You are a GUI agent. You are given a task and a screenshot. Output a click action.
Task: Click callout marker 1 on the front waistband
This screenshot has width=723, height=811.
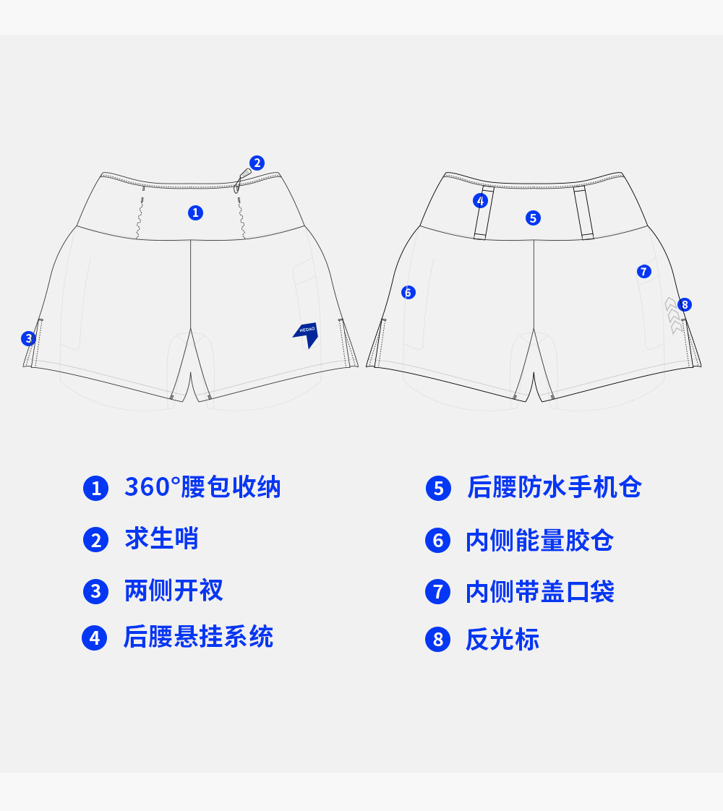click(195, 213)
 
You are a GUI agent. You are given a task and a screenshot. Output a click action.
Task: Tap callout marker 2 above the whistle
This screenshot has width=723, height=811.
click(257, 163)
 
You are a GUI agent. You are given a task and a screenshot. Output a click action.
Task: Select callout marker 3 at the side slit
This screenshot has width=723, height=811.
click(28, 338)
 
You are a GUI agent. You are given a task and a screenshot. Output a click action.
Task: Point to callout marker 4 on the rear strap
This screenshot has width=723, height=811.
click(480, 201)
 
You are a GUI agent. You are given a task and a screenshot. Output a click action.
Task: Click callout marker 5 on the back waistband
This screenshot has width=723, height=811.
click(533, 218)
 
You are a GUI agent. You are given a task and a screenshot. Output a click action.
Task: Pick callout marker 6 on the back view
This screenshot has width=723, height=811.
click(408, 293)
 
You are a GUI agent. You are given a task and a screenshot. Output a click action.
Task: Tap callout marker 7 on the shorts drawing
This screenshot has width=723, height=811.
click(643, 272)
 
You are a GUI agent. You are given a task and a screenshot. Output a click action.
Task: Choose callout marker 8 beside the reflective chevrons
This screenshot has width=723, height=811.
click(685, 304)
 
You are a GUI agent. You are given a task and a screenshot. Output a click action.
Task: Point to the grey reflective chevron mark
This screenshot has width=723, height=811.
click(673, 315)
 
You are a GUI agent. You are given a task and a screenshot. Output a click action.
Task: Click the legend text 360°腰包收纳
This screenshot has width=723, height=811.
click(202, 488)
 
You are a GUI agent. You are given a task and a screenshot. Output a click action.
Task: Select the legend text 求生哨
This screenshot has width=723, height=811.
click(161, 539)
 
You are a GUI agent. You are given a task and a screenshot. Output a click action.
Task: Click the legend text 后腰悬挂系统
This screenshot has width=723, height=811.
click(198, 638)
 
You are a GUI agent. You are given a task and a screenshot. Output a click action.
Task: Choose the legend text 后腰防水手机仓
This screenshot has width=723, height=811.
click(554, 488)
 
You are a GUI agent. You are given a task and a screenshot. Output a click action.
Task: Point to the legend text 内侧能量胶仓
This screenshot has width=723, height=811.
click(539, 541)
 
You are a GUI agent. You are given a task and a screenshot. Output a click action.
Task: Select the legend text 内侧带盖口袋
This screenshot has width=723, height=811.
click(539, 592)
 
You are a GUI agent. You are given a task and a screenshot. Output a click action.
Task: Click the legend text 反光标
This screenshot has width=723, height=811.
click(502, 640)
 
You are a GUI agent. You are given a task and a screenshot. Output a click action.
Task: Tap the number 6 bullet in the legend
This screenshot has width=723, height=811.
click(437, 541)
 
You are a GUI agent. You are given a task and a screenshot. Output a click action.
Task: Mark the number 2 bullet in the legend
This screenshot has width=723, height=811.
click(95, 540)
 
